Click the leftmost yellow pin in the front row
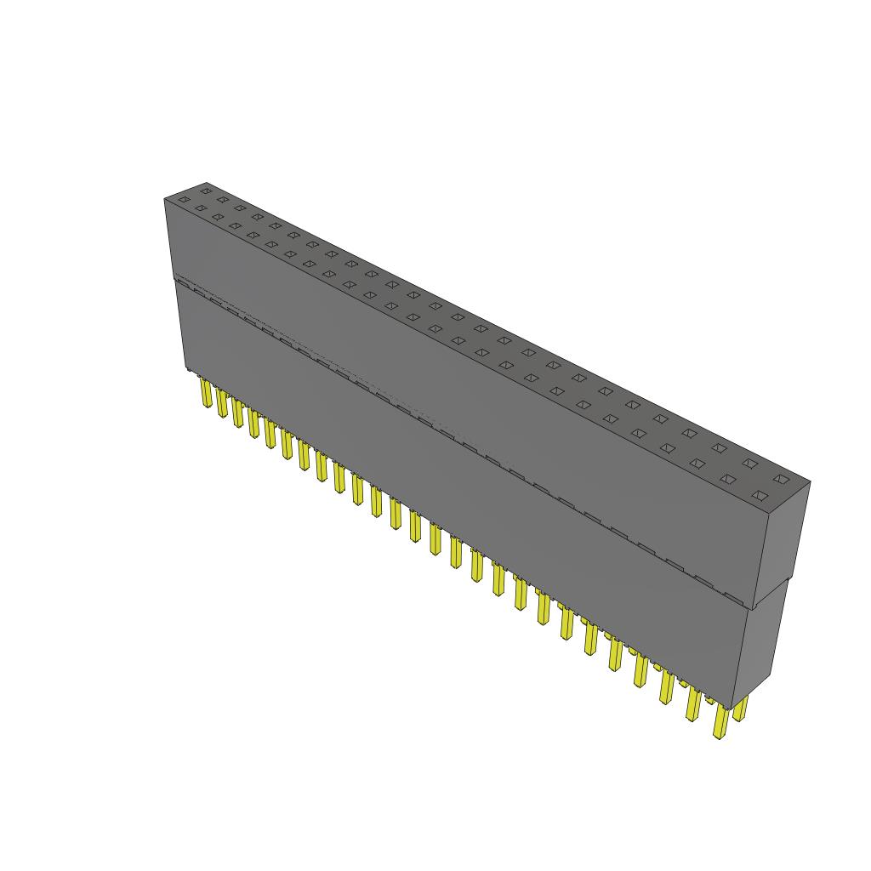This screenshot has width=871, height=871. (206, 394)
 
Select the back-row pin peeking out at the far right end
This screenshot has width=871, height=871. (741, 708)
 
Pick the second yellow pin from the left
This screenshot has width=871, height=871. (222, 403)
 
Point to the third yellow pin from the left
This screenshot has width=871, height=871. (237, 413)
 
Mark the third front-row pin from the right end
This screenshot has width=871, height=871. (666, 688)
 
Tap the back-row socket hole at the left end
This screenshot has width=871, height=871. (205, 191)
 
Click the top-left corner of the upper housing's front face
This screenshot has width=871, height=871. (165, 200)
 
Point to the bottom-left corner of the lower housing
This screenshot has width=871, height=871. (186, 370)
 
